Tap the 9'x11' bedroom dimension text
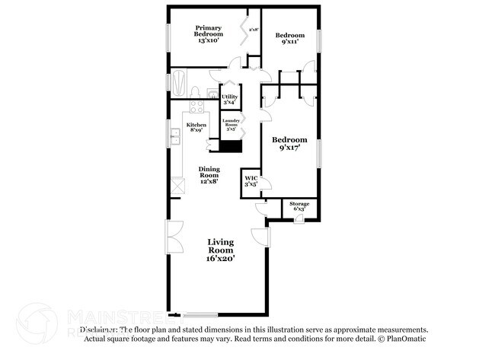[290, 43]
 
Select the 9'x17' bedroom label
[290, 144]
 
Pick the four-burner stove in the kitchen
[194, 109]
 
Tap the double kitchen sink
[174, 137]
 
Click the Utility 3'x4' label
[230, 100]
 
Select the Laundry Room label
[231, 125]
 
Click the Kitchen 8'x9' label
[196, 127]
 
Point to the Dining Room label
[209, 175]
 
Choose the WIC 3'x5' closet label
[251, 181]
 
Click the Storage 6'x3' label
[299, 206]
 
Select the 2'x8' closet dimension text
[254, 30]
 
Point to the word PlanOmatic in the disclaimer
[407, 339]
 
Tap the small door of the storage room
[299, 219]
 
